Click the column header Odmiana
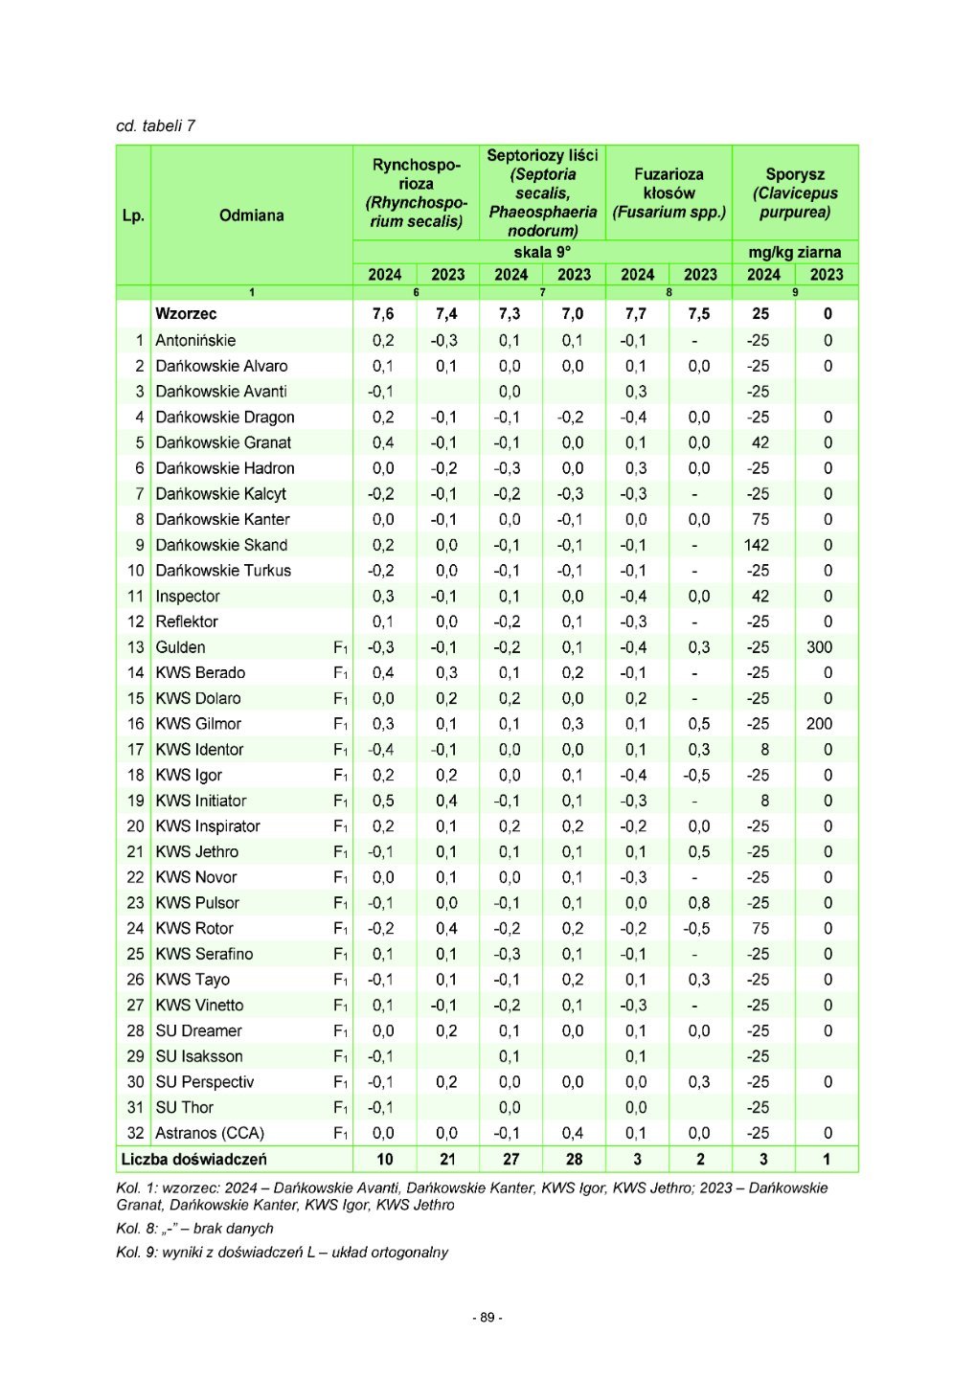coord(251,215)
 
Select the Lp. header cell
coord(133,215)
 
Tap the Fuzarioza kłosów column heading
coord(669,192)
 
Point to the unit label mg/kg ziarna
coord(795,252)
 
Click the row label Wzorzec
coord(186,314)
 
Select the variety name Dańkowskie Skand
coord(221,545)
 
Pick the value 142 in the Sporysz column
coord(757,545)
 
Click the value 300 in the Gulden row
coord(819,647)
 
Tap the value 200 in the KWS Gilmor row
coord(819,724)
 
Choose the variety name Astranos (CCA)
coord(210,1133)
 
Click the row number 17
coord(135,750)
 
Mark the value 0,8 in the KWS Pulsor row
coord(699,903)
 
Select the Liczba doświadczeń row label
coord(193,1159)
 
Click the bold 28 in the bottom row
coord(574,1159)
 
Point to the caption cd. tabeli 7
coord(155,125)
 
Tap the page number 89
coord(487,1318)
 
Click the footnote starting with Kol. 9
coord(282,1253)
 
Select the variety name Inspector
coord(188,597)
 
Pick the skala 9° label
coord(542,252)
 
